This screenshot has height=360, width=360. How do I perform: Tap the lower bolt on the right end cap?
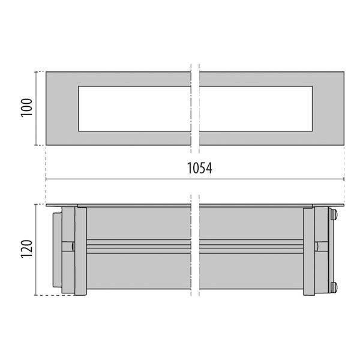(334, 286)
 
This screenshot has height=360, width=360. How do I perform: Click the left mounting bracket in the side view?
(76, 250)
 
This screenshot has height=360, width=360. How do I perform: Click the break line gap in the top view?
(196, 109)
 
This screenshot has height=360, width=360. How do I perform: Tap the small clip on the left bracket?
(72, 247)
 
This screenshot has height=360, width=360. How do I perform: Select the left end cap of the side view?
(57, 250)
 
